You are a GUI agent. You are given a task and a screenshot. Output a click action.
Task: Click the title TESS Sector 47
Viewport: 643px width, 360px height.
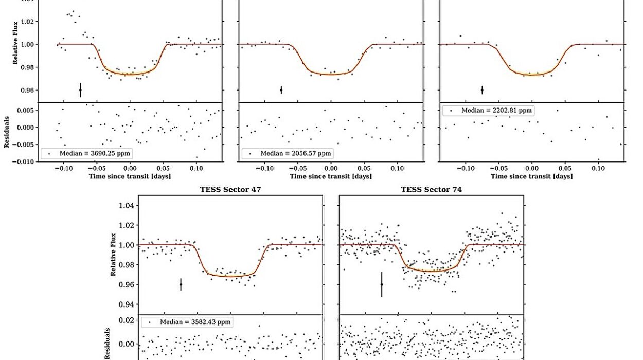click(x=230, y=190)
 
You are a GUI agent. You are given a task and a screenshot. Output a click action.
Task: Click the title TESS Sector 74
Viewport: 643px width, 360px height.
click(x=431, y=190)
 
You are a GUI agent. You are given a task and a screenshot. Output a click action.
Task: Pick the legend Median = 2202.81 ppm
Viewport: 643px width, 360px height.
click(x=488, y=110)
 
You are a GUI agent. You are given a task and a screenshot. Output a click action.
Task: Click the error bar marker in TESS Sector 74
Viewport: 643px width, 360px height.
click(x=382, y=284)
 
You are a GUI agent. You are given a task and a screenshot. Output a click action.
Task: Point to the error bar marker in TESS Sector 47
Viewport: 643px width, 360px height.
click(x=181, y=284)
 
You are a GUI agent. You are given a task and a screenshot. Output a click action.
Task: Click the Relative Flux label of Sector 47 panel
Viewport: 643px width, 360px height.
click(x=113, y=255)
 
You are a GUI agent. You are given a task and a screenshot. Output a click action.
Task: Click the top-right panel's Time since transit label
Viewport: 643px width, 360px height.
click(x=531, y=176)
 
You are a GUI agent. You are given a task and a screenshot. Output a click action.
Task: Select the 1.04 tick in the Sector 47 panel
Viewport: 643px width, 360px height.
click(x=127, y=206)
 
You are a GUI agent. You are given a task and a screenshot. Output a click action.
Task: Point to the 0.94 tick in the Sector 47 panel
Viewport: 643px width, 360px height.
click(x=127, y=304)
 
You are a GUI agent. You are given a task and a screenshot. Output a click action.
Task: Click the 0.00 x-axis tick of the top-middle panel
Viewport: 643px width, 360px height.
click(x=331, y=168)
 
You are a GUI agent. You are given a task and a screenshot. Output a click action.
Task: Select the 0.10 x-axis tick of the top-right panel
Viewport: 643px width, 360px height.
click(x=598, y=168)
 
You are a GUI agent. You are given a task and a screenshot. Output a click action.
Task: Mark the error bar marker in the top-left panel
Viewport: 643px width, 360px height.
click(x=80, y=90)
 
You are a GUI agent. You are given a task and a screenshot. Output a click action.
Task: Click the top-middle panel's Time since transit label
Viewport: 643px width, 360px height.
click(x=331, y=176)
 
